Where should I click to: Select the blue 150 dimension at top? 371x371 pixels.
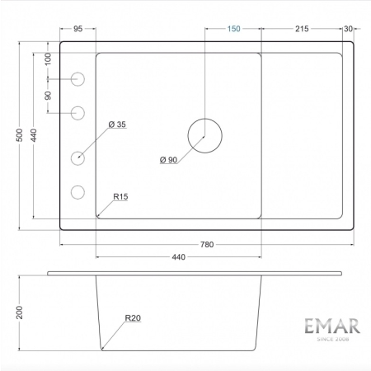pyautogui.click(x=233, y=29)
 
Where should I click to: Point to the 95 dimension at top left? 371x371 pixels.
pyautogui.click(x=78, y=29)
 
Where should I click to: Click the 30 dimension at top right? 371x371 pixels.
pyautogui.click(x=348, y=29)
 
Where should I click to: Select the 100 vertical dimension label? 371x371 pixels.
pyautogui.click(x=48, y=59)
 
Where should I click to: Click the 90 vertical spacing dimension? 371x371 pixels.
pyautogui.click(x=48, y=95)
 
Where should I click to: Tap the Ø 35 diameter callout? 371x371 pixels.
pyautogui.click(x=116, y=124)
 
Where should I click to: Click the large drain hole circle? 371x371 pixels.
pyautogui.click(x=204, y=134)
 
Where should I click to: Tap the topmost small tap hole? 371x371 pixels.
pyautogui.click(x=78, y=78)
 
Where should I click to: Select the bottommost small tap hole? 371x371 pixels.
pyautogui.click(x=78, y=192)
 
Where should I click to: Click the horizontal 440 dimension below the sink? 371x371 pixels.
pyautogui.click(x=178, y=258)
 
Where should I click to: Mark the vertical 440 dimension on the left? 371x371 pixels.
pyautogui.click(x=34, y=138)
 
